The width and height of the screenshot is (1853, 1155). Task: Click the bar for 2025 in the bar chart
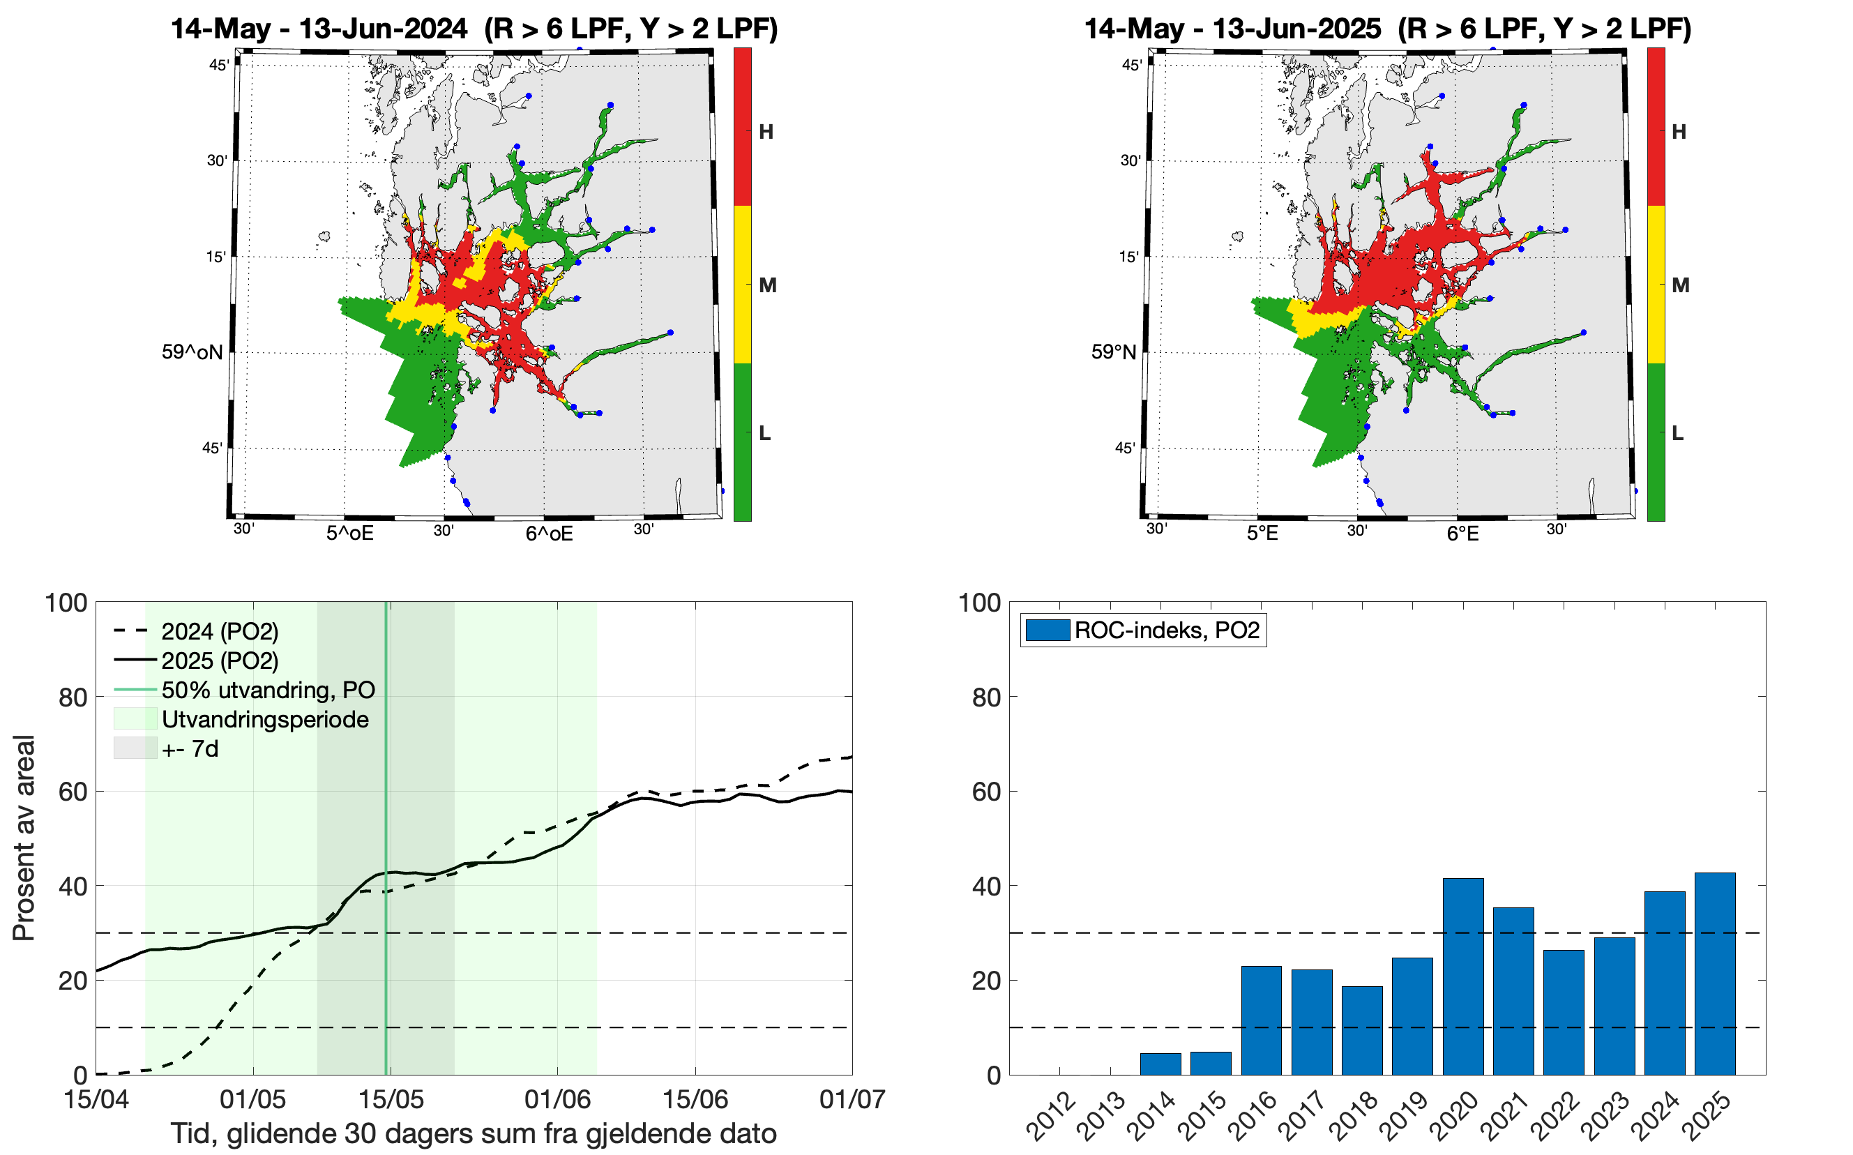1715,973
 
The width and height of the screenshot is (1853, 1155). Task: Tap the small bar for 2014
1160,1064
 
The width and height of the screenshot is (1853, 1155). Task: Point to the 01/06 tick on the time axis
558,1099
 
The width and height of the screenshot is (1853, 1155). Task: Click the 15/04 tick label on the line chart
96,1099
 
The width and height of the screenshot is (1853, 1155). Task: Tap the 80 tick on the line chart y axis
73,697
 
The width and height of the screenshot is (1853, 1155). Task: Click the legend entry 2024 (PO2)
219,632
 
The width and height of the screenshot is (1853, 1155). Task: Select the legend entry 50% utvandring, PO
267,690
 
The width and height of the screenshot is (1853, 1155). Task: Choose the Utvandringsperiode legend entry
264,719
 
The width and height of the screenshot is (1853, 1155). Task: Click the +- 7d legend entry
190,748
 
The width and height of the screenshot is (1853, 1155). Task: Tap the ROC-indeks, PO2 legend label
1166,631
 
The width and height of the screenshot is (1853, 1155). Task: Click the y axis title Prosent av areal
24,837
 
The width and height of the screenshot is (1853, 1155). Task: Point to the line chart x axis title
473,1133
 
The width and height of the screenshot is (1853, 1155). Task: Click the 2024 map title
474,29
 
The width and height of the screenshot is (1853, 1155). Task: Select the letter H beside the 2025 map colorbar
1678,131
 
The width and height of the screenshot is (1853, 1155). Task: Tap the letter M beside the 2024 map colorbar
768,285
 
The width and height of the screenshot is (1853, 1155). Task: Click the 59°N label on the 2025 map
1113,352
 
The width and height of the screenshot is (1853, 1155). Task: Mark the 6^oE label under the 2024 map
548,533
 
